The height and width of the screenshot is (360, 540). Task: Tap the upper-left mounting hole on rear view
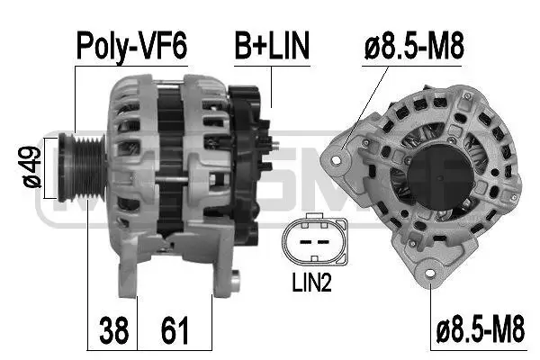[x=338, y=160]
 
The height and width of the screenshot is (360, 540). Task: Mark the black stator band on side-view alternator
[x=166, y=166]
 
